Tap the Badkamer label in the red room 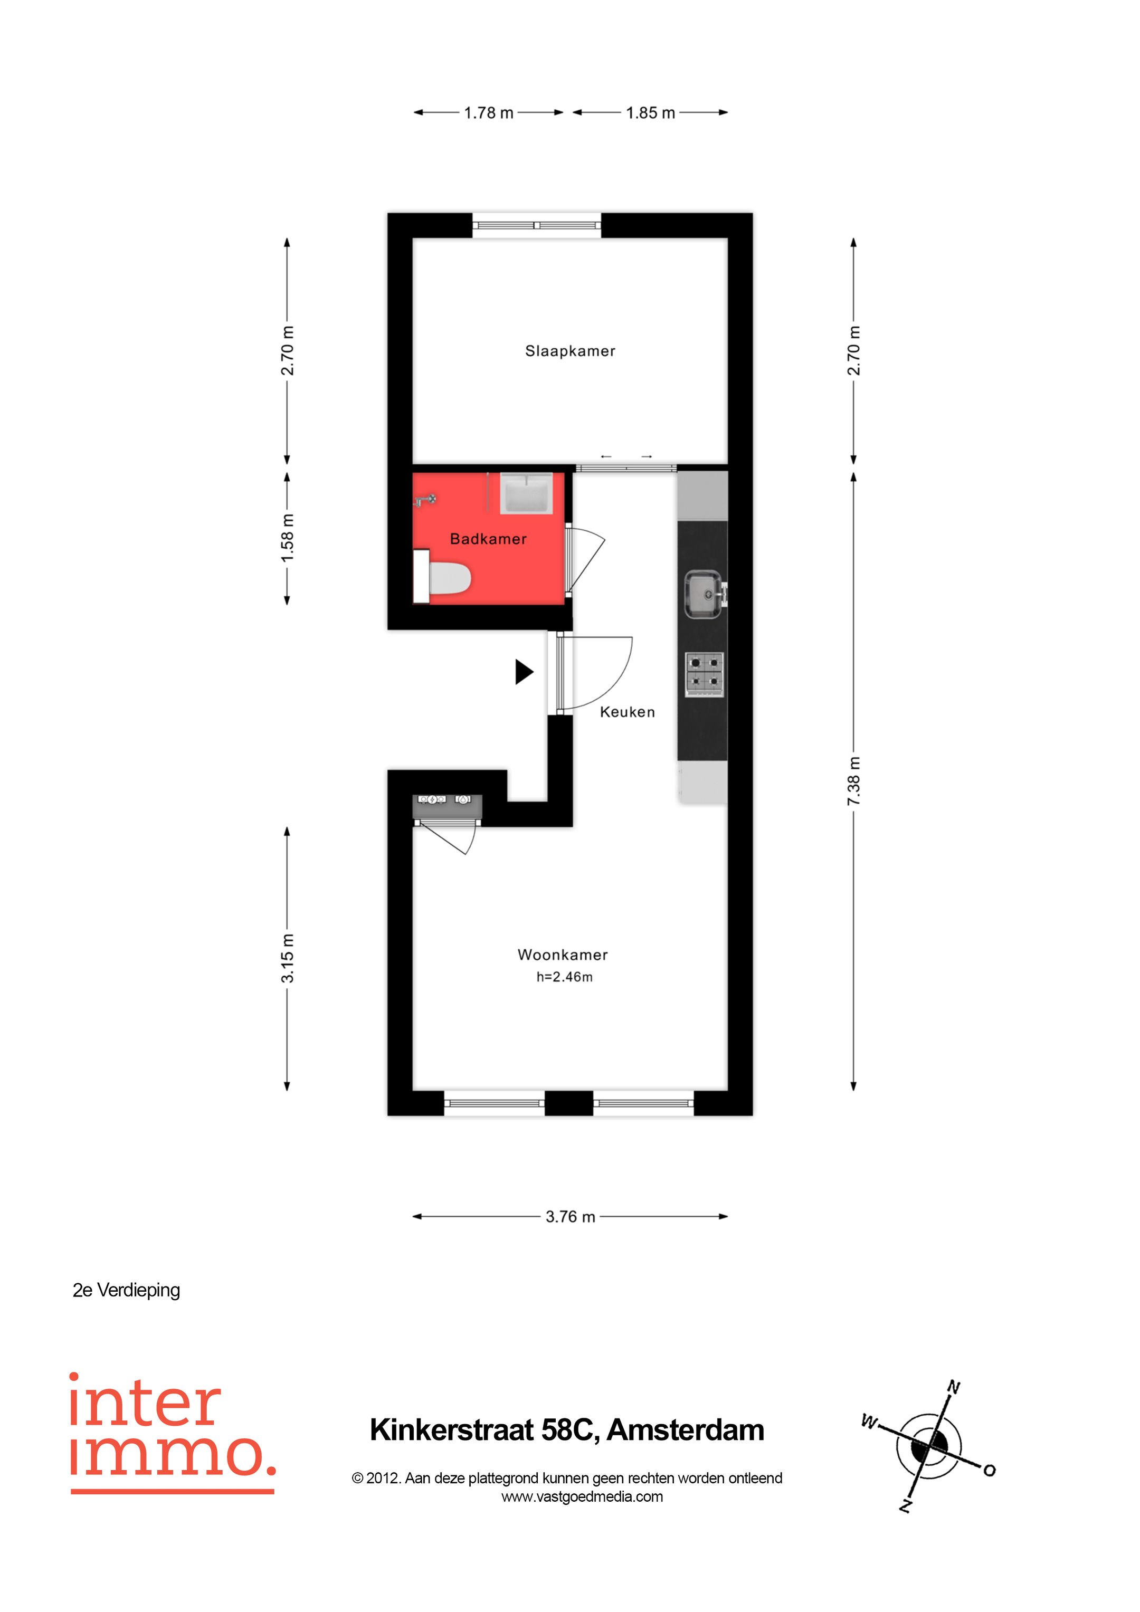[x=488, y=539]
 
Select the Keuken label [x=627, y=712]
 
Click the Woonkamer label [x=563, y=955]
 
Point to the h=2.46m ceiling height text [x=564, y=977]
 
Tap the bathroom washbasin [x=526, y=493]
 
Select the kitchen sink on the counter [x=703, y=595]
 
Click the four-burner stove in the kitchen [x=705, y=674]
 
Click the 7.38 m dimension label [x=853, y=781]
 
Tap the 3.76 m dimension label [x=569, y=1217]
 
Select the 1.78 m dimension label [x=488, y=112]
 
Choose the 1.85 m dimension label [x=650, y=112]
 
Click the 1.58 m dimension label [x=287, y=538]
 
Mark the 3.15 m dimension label [x=287, y=958]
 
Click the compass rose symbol [x=929, y=1446]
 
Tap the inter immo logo [x=172, y=1432]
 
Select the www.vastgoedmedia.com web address [x=582, y=1497]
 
